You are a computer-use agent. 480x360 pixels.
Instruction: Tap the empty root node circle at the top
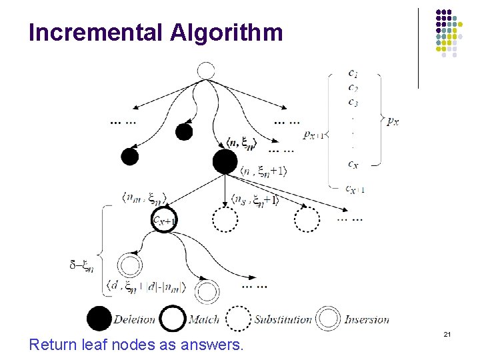coord(206,70)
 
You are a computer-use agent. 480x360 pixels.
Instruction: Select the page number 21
coord(448,333)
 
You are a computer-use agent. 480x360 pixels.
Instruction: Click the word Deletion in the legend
coord(135,319)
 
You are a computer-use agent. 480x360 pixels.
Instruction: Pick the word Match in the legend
coord(203,319)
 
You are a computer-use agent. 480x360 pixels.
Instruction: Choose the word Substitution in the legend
coord(283,319)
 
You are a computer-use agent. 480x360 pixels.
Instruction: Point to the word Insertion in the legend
coord(367,319)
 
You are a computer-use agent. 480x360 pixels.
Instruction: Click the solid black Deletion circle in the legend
coord(99,318)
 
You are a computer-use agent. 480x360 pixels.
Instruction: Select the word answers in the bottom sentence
coord(213,345)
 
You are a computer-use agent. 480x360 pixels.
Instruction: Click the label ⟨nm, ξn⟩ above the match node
coord(145,197)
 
